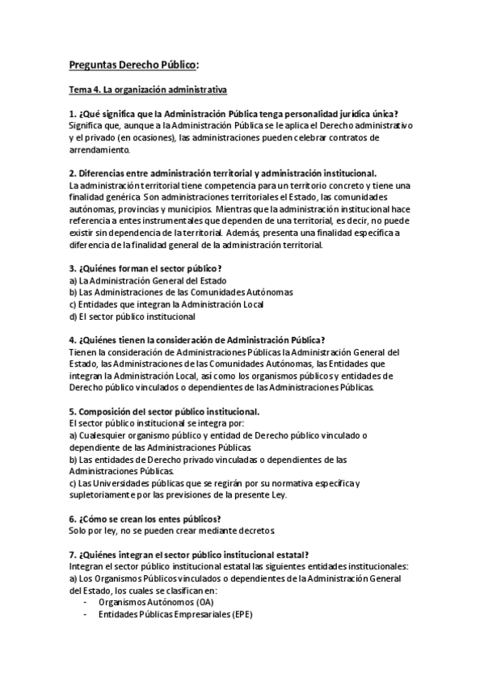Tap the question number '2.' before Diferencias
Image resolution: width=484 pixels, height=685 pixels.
[x=73, y=174]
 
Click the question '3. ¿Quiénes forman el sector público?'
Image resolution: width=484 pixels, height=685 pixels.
[x=145, y=268]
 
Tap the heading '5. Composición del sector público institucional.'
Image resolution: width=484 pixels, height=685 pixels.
[x=164, y=411]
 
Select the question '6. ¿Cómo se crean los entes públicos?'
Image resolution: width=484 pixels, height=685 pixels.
[x=145, y=519]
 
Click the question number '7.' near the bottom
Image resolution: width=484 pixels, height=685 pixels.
[x=73, y=555]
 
